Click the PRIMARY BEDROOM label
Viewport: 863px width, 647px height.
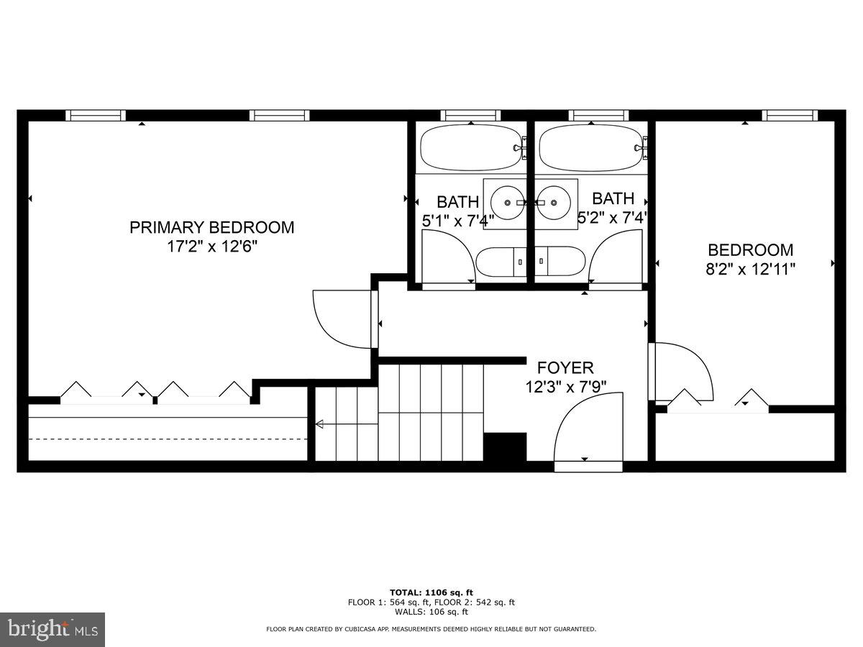211,227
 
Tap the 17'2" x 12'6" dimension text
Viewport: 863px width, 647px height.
211,246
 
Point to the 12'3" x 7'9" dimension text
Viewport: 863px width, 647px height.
565,386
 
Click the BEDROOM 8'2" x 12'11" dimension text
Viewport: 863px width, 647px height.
751,269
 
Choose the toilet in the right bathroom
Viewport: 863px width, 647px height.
560,261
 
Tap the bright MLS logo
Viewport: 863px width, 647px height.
52,630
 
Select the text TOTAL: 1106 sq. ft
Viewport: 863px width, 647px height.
431,592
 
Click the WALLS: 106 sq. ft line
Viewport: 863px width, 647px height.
431,612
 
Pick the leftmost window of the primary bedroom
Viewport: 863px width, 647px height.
95,115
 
